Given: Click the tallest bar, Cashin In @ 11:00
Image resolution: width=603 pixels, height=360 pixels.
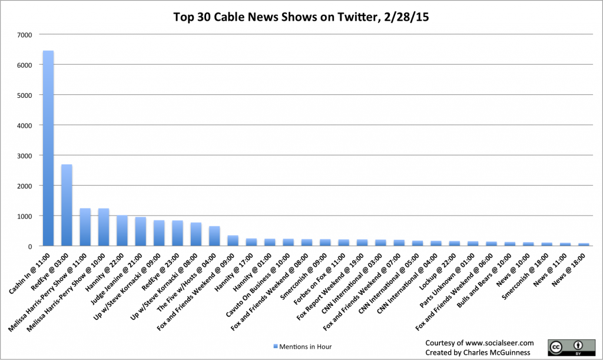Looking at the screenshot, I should pos(48,148).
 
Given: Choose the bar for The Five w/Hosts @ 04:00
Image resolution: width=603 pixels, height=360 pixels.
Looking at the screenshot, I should pos(214,236).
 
